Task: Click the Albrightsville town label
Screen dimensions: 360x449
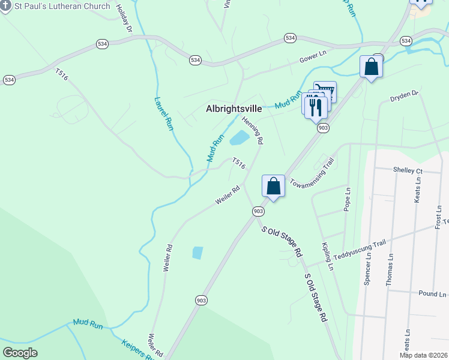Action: pos(242,109)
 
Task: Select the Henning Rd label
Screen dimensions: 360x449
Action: pos(253,131)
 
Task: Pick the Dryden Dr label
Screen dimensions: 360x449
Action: pos(403,96)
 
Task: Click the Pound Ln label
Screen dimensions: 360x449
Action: pos(433,294)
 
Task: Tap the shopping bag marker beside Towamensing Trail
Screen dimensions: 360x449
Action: pos(273,186)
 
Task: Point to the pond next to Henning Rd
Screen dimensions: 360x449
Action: pos(239,139)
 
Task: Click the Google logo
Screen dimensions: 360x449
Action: pos(20,353)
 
